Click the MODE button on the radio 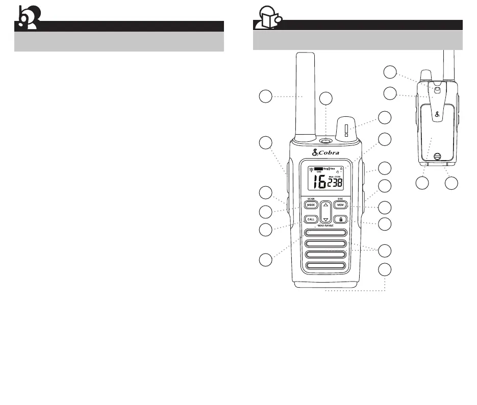311,205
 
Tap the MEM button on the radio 341,205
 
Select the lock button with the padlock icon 341,219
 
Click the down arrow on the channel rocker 325,219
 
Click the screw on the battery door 436,157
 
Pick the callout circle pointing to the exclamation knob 386,117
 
